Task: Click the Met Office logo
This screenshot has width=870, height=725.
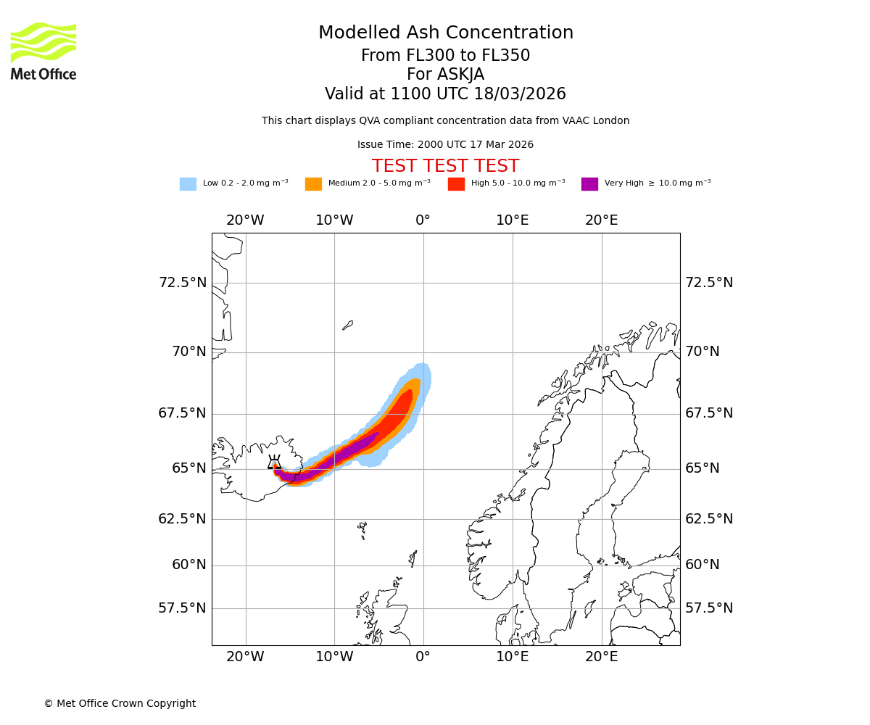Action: pos(43,51)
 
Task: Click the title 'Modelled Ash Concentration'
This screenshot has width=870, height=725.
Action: pos(445,33)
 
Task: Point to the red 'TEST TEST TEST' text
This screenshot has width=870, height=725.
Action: pos(445,167)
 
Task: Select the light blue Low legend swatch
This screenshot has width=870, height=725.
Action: pos(188,184)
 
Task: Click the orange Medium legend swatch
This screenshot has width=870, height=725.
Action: pos(313,184)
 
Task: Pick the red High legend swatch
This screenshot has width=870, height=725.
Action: pos(456,184)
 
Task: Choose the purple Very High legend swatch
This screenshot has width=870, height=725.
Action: pos(589,184)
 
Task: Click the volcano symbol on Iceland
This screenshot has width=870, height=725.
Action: pos(274,463)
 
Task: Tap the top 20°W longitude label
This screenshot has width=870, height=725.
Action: pos(245,220)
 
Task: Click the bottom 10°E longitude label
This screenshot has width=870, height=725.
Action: pos(513,657)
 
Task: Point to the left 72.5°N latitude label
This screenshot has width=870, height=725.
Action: pos(183,283)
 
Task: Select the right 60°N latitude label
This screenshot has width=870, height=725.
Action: pos(703,565)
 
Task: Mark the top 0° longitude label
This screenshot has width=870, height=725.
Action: pos(423,220)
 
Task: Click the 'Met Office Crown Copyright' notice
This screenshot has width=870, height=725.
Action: pos(120,703)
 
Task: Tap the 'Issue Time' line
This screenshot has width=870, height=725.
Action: pos(445,145)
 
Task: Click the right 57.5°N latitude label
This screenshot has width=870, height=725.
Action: pos(709,608)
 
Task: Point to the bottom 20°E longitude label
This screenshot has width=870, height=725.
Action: pos(602,657)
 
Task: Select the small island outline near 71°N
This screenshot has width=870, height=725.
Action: pos(348,326)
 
